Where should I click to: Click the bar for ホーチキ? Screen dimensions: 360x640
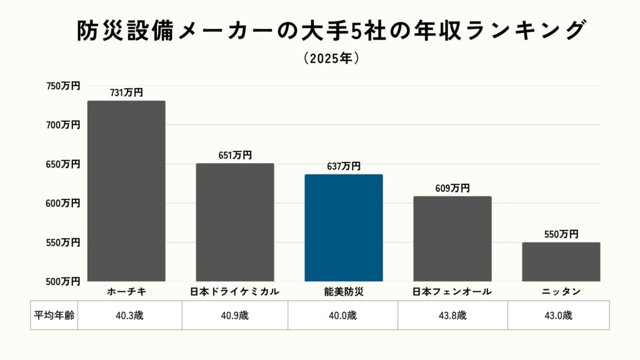126,191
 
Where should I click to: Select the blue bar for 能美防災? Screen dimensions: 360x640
343,227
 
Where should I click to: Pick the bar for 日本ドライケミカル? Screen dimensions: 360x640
235,222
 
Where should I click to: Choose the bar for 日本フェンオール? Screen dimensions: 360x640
452,238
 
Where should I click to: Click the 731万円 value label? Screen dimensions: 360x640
126,92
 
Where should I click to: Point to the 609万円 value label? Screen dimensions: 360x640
452,188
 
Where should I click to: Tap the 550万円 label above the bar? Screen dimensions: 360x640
561,234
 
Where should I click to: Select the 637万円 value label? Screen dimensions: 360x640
343,166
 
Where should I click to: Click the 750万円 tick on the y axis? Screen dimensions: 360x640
63,86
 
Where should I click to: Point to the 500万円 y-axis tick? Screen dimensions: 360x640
63,281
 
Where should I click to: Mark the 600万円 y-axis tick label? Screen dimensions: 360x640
63,203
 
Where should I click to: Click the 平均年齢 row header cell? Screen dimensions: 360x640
54,316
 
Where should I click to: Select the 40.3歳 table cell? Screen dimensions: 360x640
130,316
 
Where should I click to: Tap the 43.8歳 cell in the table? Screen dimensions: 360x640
452,316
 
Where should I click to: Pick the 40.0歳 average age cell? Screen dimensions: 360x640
343,316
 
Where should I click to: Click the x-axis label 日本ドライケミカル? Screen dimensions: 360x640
235,292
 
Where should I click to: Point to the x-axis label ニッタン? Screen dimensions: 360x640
561,292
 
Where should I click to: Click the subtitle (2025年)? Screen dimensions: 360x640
331,59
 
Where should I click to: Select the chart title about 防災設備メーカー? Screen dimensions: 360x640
332,30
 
